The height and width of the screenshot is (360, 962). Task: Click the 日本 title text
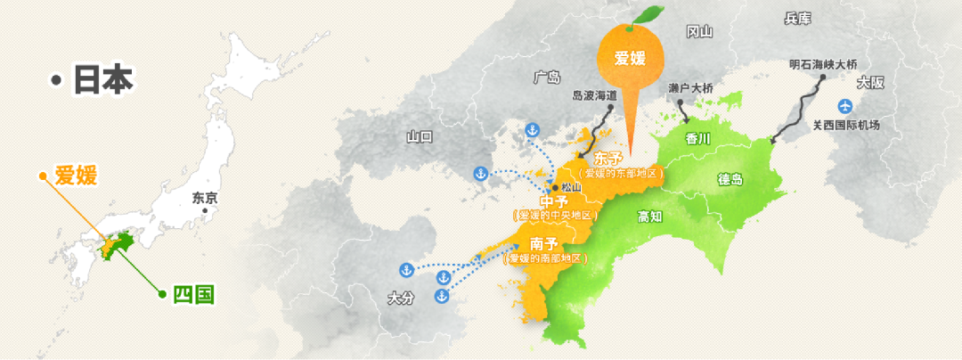[102, 80]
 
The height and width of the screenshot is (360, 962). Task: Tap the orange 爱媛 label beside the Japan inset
[76, 176]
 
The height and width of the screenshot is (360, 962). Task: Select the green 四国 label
[193, 294]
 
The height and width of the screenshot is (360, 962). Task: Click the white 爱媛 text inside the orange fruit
[629, 59]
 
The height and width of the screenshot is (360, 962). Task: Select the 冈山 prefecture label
[699, 32]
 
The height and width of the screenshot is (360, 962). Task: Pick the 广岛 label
[547, 77]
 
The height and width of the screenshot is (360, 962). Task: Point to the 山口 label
[419, 136]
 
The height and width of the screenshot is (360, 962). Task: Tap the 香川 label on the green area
[698, 138]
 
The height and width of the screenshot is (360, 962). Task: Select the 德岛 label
[730, 178]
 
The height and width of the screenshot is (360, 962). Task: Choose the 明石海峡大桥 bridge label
[823, 65]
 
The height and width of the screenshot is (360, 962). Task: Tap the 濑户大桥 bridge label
[690, 88]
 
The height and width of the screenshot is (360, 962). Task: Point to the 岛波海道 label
[594, 94]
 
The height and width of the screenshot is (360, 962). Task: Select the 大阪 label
[869, 83]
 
